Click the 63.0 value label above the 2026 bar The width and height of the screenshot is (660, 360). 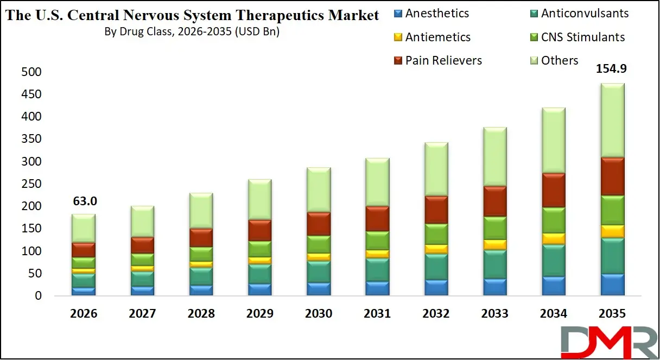click(x=85, y=201)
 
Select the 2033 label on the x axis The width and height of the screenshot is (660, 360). click(x=495, y=314)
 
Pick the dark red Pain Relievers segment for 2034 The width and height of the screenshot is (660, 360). click(x=554, y=190)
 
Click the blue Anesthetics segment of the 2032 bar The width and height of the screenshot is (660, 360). click(x=436, y=288)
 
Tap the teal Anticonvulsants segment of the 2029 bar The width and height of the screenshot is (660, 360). click(x=259, y=274)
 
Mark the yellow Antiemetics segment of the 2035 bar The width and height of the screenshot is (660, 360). click(x=613, y=231)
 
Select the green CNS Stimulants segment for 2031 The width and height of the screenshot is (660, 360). click(x=377, y=241)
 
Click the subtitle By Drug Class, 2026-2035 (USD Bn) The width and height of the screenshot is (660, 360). click(x=192, y=32)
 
